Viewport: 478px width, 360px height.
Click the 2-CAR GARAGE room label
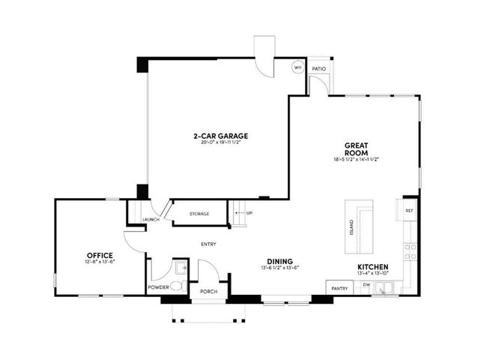pyautogui.click(x=220, y=136)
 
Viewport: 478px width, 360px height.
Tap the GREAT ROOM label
pyautogui.click(x=355, y=148)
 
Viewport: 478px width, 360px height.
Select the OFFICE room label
pyautogui.click(x=100, y=256)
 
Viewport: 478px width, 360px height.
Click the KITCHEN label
pyautogui.click(x=372, y=267)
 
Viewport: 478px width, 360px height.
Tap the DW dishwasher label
pyautogui.click(x=366, y=286)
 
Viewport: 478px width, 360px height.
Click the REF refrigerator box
pyautogui.click(x=409, y=211)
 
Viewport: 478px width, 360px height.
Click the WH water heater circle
pyautogui.click(x=297, y=67)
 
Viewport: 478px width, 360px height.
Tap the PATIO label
pyautogui.click(x=319, y=69)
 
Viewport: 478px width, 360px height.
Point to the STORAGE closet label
pyautogui.click(x=198, y=214)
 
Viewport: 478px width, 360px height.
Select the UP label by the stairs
pyautogui.click(x=249, y=214)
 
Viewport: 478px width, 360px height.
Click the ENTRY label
pyautogui.click(x=208, y=244)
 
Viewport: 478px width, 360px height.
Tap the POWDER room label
pyautogui.click(x=157, y=286)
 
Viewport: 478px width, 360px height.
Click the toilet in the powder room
pyautogui.click(x=175, y=285)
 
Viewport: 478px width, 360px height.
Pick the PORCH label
pyautogui.click(x=208, y=292)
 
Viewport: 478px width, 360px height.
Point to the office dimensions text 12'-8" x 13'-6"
pyautogui.click(x=100, y=262)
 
